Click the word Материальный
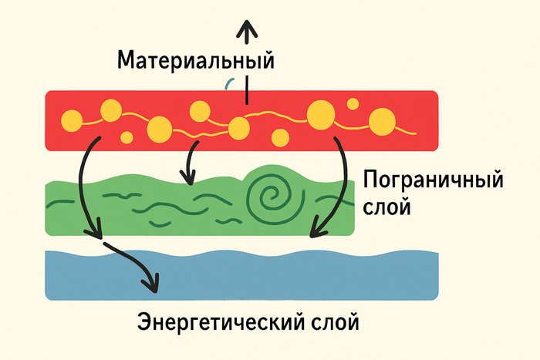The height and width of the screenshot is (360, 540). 195,59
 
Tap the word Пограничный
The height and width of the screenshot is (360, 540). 432,183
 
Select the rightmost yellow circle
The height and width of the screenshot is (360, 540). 381,121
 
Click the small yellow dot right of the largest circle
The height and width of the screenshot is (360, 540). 353,104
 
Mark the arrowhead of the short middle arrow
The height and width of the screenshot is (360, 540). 186,179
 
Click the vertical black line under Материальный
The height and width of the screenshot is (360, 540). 246,90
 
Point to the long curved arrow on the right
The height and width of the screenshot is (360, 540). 336,185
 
